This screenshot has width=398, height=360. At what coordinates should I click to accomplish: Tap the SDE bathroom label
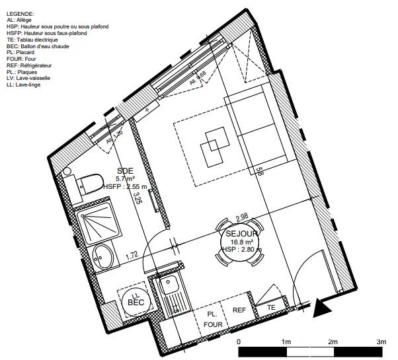[124, 170]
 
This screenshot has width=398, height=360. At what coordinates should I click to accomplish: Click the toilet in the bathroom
[86, 182]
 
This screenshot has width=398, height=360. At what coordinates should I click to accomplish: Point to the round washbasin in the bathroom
[102, 255]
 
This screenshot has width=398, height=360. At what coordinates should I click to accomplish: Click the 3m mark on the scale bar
[381, 342]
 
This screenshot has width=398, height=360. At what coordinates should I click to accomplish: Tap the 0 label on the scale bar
[239, 342]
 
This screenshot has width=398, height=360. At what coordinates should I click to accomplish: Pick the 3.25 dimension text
[137, 198]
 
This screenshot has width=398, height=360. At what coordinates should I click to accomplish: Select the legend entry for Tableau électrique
[36, 40]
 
